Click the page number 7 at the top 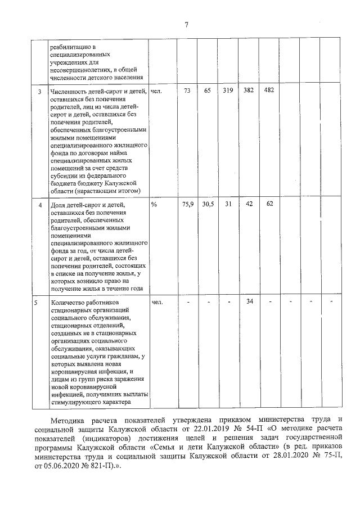click(x=186, y=24)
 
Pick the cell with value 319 click(x=227, y=91)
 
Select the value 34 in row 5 click(x=249, y=301)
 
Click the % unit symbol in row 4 click(x=154, y=204)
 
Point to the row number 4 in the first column click(x=39, y=204)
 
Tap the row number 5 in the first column click(x=36, y=302)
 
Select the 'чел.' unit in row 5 click(x=157, y=302)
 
